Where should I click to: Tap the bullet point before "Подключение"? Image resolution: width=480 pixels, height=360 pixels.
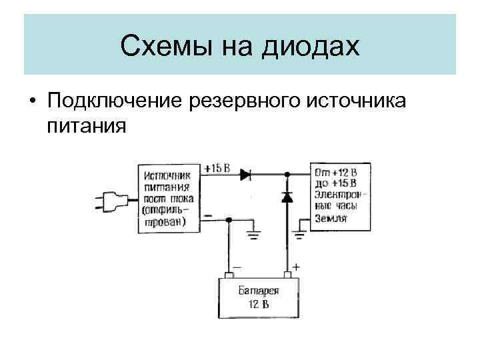pos(31,101)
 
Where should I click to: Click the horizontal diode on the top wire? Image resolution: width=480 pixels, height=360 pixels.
pos(245,175)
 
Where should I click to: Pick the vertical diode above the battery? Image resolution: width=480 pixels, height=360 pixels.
pos(287,197)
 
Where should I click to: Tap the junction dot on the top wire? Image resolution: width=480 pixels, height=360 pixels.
pos(287,175)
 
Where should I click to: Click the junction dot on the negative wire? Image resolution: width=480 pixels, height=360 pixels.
pos(229,219)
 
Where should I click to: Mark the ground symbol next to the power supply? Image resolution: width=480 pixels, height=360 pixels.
pos(253,233)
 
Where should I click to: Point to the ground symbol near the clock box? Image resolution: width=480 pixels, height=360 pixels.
pos(299,233)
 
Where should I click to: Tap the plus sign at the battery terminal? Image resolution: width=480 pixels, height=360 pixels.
pos(295,266)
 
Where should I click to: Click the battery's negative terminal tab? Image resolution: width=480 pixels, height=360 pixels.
pos(228,275)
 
